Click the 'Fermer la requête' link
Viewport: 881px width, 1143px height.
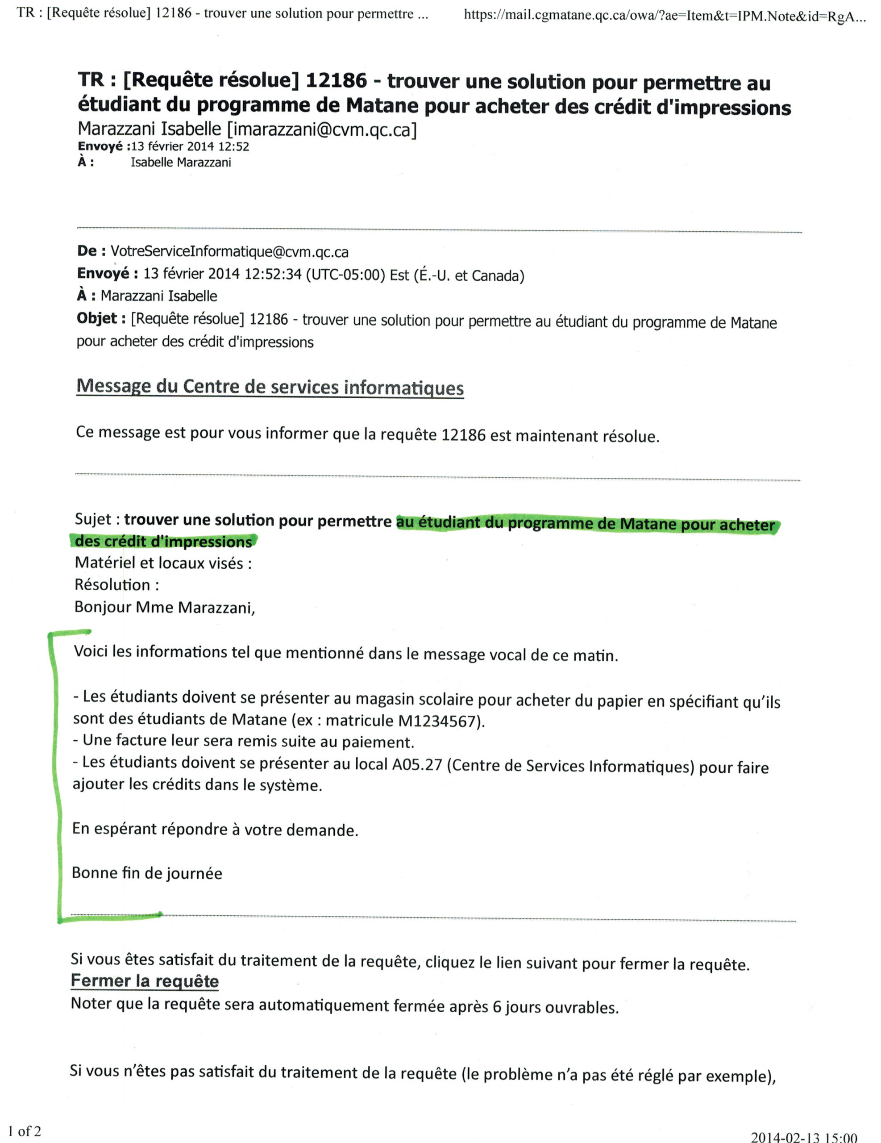[x=145, y=981]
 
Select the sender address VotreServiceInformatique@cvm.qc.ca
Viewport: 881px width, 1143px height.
[x=229, y=252]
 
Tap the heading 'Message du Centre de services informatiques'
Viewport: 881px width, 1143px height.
[x=270, y=387]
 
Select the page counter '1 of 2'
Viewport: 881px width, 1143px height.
[x=25, y=1131]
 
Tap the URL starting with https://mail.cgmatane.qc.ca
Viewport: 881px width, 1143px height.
[x=665, y=16]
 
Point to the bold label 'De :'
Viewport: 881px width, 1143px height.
[x=91, y=251]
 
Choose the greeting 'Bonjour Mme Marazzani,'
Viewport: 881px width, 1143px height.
[x=164, y=607]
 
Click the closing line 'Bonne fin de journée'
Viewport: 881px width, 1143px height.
[x=147, y=873]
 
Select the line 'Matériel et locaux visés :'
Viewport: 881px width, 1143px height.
[x=163, y=563]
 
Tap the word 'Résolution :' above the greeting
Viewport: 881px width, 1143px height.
[x=116, y=584]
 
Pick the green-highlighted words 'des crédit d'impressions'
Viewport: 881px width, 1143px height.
[x=163, y=541]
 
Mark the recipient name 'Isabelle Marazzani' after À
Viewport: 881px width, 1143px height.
[x=180, y=162]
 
